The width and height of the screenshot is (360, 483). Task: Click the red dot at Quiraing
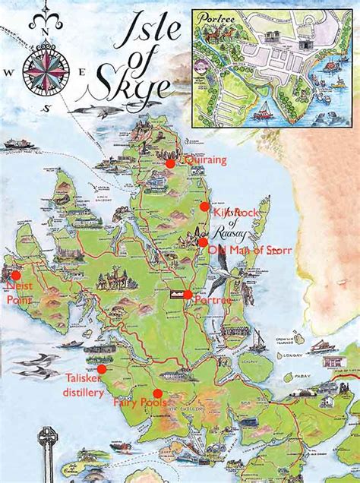click(170, 163)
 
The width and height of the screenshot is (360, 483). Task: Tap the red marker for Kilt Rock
click(204, 207)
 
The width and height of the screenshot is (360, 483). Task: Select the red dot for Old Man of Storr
click(203, 242)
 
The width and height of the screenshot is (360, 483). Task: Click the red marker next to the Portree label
click(188, 294)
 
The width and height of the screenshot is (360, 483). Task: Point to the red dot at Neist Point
click(16, 276)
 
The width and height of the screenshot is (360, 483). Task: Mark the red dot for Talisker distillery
click(102, 368)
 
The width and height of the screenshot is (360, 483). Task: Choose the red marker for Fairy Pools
click(158, 393)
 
